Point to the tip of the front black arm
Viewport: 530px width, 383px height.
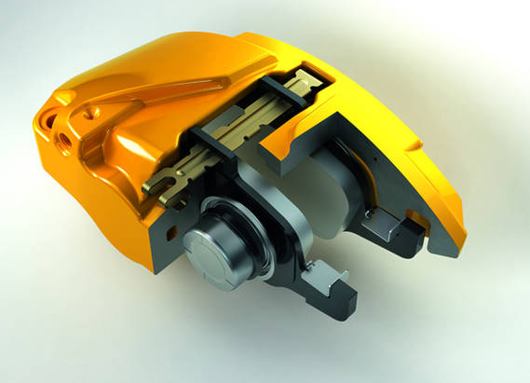click(346, 308)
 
